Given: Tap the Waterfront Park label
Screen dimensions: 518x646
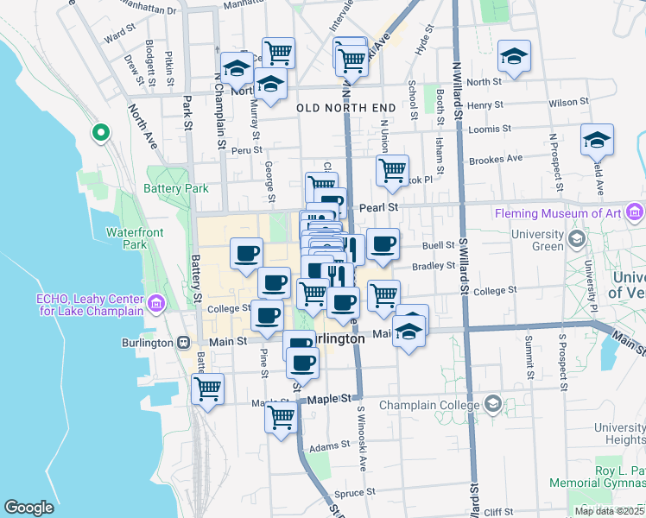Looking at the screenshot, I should pyautogui.click(x=129, y=238).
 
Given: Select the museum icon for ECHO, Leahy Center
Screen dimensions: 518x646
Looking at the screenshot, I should pyautogui.click(x=156, y=303).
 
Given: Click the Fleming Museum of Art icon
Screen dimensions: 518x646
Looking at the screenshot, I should pyautogui.click(x=636, y=213).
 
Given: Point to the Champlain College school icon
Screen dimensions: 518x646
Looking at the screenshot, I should pyautogui.click(x=492, y=404).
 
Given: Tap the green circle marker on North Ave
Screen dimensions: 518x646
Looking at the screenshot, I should pyautogui.click(x=101, y=133).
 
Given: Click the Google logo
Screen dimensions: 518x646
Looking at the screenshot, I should pyautogui.click(x=28, y=508).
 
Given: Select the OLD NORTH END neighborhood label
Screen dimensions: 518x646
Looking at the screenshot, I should pyautogui.click(x=345, y=108).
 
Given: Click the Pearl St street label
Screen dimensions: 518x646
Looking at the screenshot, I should pyautogui.click(x=378, y=207).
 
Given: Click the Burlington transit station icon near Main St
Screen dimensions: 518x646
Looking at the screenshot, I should pyautogui.click(x=183, y=343).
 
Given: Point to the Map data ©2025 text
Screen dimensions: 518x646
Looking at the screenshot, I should pyautogui.click(x=608, y=510).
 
